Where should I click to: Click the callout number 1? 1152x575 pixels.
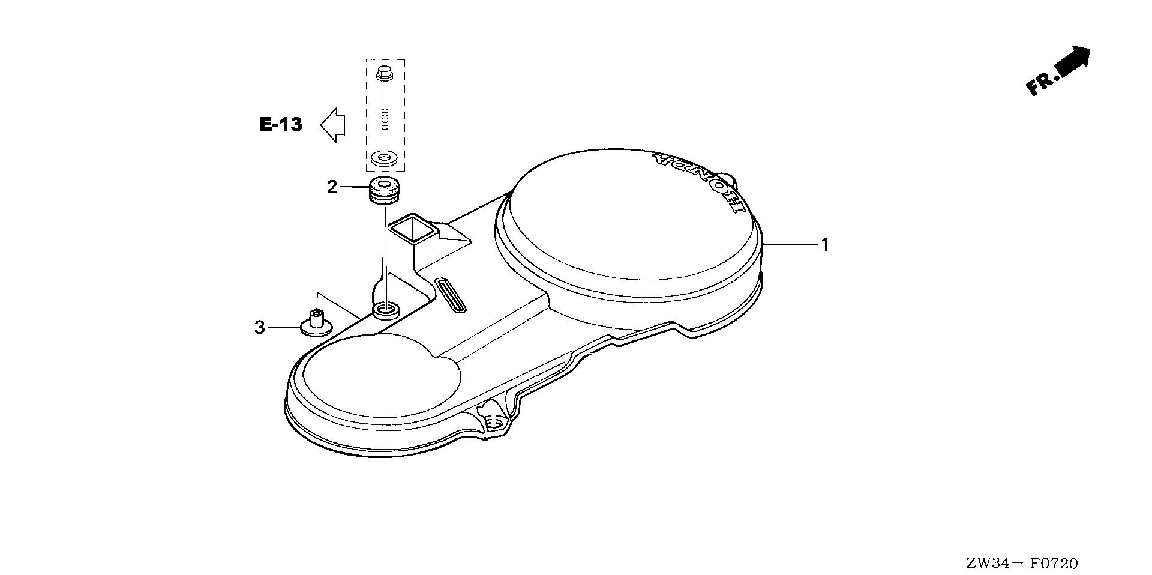pyautogui.click(x=825, y=245)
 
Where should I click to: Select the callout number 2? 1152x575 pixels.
pyautogui.click(x=332, y=187)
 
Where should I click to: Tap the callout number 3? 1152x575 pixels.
pyautogui.click(x=259, y=328)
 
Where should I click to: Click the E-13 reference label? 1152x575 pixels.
pyautogui.click(x=281, y=125)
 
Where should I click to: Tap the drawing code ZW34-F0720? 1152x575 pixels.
pyautogui.click(x=1022, y=564)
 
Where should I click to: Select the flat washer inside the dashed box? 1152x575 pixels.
pyautogui.click(x=383, y=158)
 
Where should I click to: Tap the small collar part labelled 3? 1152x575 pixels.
pyautogui.click(x=316, y=322)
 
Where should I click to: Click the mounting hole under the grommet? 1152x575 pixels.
pyautogui.click(x=386, y=310)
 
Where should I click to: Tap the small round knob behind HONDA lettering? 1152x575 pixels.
pyautogui.click(x=728, y=179)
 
